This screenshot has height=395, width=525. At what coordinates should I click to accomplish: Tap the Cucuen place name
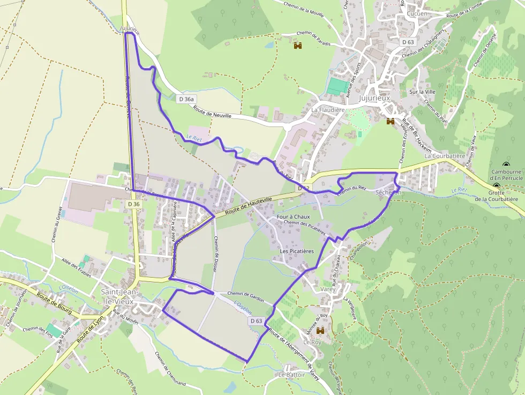(417, 13)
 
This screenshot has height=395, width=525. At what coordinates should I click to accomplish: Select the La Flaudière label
(328, 110)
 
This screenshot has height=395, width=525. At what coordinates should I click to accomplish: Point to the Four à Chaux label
(293, 217)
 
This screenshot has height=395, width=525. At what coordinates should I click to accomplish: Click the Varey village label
(328, 289)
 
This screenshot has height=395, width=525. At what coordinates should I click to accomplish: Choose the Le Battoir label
(291, 375)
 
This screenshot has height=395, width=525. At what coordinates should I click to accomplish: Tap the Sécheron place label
(388, 192)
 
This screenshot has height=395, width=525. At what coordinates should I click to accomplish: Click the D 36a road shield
(187, 99)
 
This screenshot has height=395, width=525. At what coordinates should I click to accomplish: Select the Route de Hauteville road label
(249, 206)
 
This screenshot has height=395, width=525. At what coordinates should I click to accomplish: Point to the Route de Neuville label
(213, 111)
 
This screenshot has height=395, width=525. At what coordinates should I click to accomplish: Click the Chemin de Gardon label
(245, 294)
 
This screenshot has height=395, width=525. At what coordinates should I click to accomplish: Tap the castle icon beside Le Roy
(321, 331)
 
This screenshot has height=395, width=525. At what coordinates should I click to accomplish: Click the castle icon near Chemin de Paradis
(298, 46)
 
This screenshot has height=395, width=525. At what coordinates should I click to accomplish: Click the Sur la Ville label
(421, 92)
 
